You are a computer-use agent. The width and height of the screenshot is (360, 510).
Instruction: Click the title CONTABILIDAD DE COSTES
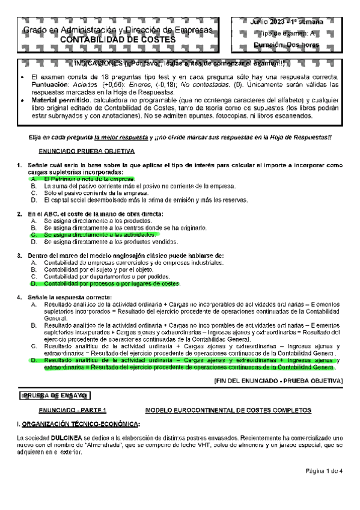(120, 40)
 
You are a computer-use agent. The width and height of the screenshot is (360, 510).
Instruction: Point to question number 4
(20, 297)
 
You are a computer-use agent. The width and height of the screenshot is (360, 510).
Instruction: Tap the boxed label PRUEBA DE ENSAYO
(55, 395)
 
